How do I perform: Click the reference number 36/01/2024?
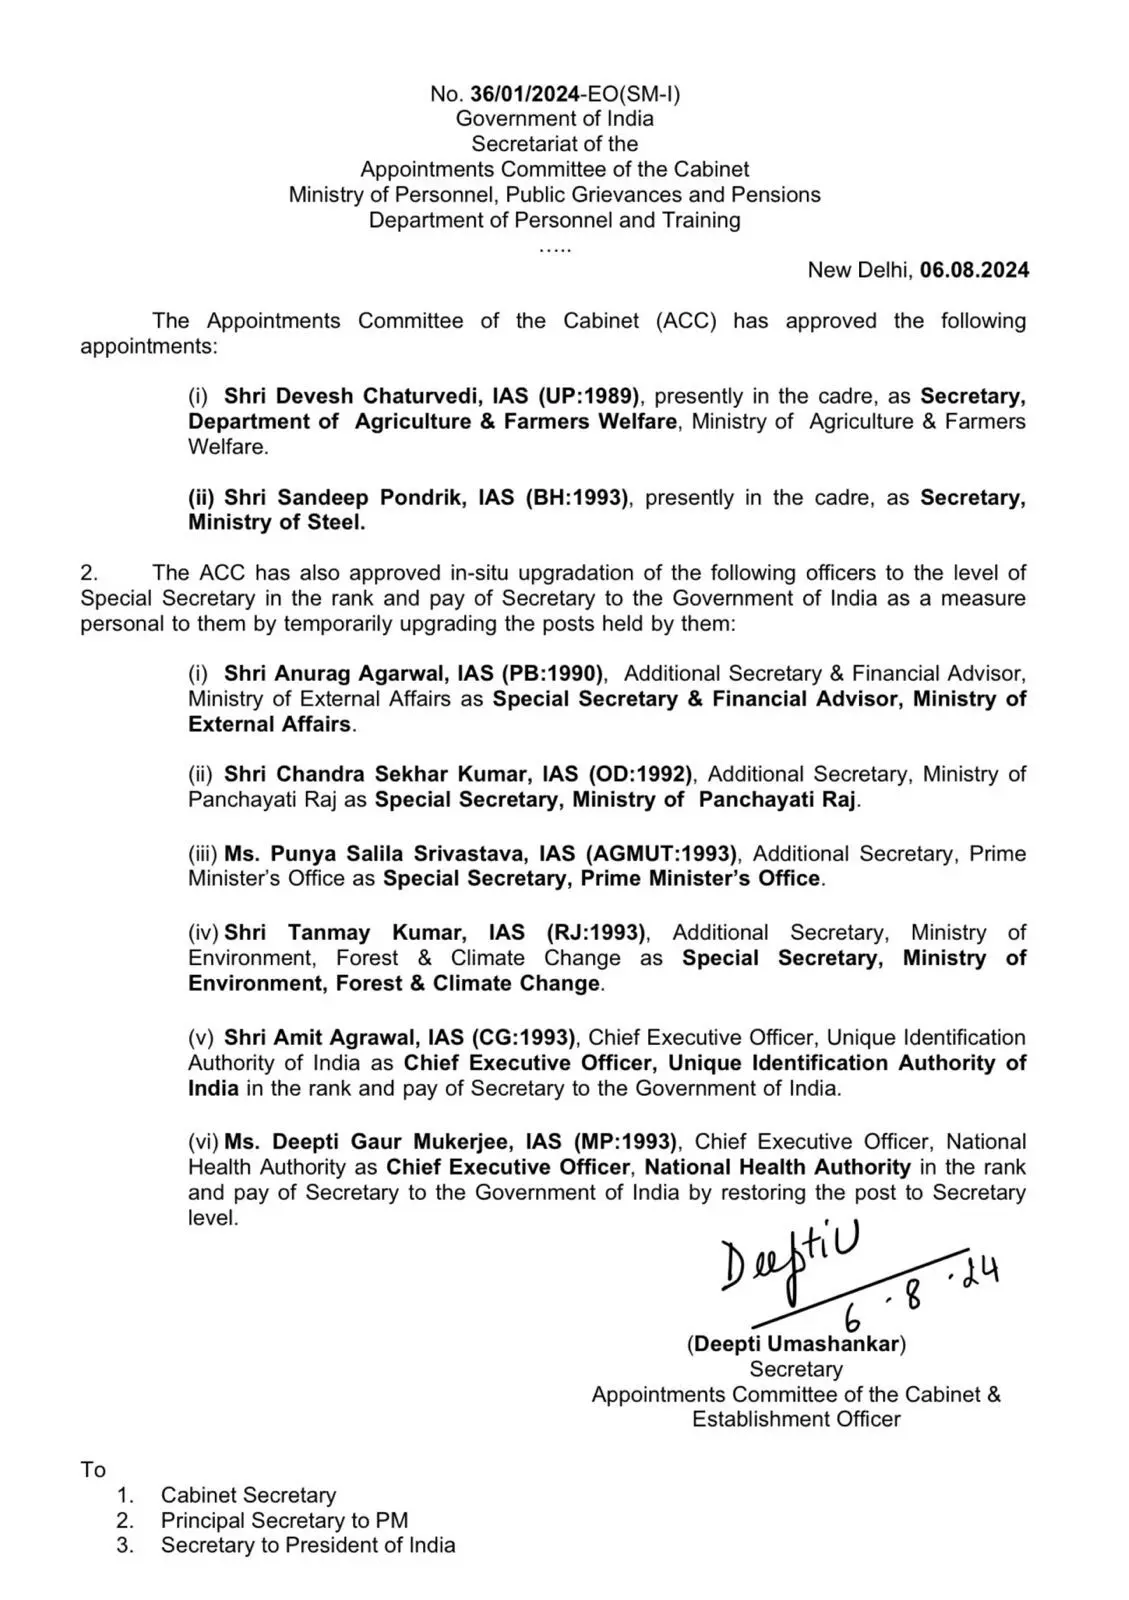pyautogui.click(x=523, y=94)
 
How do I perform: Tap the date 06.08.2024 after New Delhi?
pyautogui.click(x=974, y=270)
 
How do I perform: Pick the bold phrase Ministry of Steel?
pyautogui.click(x=276, y=522)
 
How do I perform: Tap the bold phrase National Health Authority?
pyautogui.click(x=777, y=1167)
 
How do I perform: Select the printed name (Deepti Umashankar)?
pyautogui.click(x=796, y=1344)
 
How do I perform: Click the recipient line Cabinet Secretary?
pyautogui.click(x=248, y=1495)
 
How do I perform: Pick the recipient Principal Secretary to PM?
pyautogui.click(x=284, y=1520)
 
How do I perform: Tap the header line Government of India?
pyautogui.click(x=555, y=119)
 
